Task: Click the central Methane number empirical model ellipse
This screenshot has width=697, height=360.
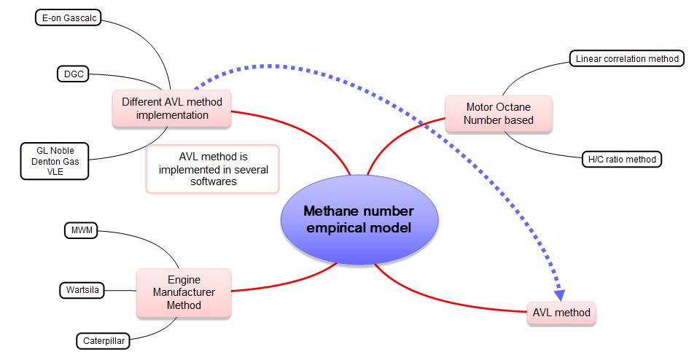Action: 359,219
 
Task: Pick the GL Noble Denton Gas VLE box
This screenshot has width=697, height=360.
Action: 55,160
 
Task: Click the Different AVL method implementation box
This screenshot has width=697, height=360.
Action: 171,108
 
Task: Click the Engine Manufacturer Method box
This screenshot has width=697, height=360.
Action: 184,292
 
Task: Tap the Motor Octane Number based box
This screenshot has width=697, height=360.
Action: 499,113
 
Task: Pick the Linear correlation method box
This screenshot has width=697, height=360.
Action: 627,58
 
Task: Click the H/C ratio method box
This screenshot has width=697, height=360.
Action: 622,159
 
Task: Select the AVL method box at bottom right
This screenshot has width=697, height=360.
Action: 561,314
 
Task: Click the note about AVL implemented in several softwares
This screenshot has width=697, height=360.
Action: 213,168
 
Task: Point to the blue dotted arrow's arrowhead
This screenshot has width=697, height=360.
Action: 559,295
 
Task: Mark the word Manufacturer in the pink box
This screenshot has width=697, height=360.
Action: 184,292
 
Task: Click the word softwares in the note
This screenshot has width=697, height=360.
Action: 213,181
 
